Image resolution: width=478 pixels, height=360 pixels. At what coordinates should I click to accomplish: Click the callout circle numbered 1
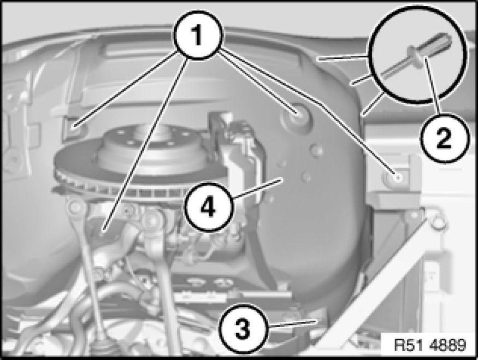pyautogui.click(x=198, y=35)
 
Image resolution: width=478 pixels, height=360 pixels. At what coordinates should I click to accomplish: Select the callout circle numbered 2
pyautogui.click(x=444, y=138)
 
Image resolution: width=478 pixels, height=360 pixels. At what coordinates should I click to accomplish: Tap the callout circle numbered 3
pyautogui.click(x=243, y=329)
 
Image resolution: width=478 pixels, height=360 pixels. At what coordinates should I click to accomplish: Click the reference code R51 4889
pyautogui.click(x=430, y=345)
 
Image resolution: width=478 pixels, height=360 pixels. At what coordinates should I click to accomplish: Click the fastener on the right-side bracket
pyautogui.click(x=396, y=178)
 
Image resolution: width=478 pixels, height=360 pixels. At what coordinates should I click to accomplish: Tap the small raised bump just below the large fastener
pyautogui.click(x=316, y=150)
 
